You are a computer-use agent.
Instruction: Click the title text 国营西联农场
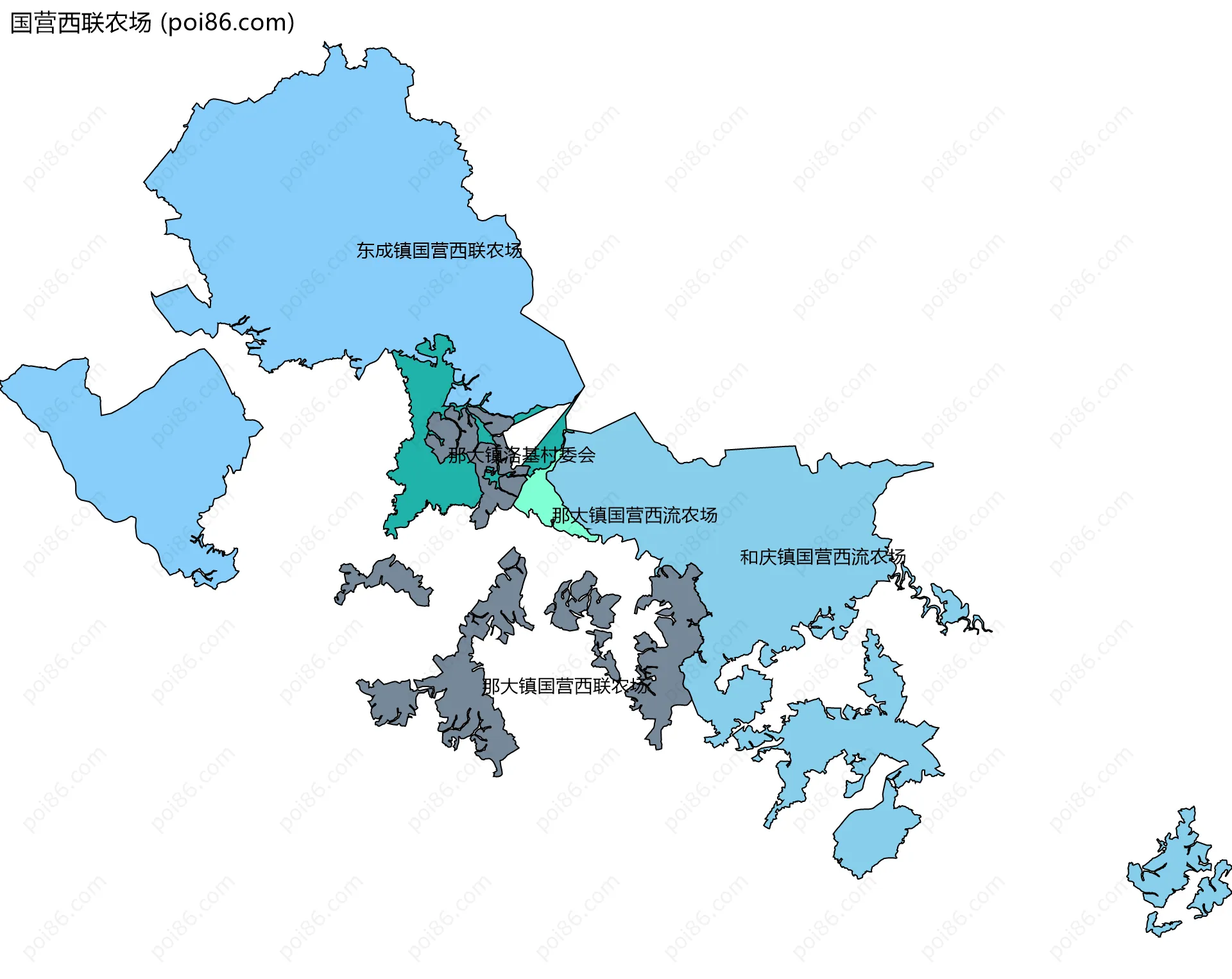coord(81,23)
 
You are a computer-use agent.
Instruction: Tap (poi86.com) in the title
coord(227,23)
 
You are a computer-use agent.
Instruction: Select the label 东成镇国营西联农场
coord(439,250)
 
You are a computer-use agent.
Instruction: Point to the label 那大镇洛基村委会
coord(521,455)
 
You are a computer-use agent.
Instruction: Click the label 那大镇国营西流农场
coord(634,515)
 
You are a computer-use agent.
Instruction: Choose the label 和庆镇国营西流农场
coord(822,557)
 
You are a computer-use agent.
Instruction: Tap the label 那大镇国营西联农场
coord(567,686)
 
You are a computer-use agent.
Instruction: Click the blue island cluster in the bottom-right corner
coord(1174,873)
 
